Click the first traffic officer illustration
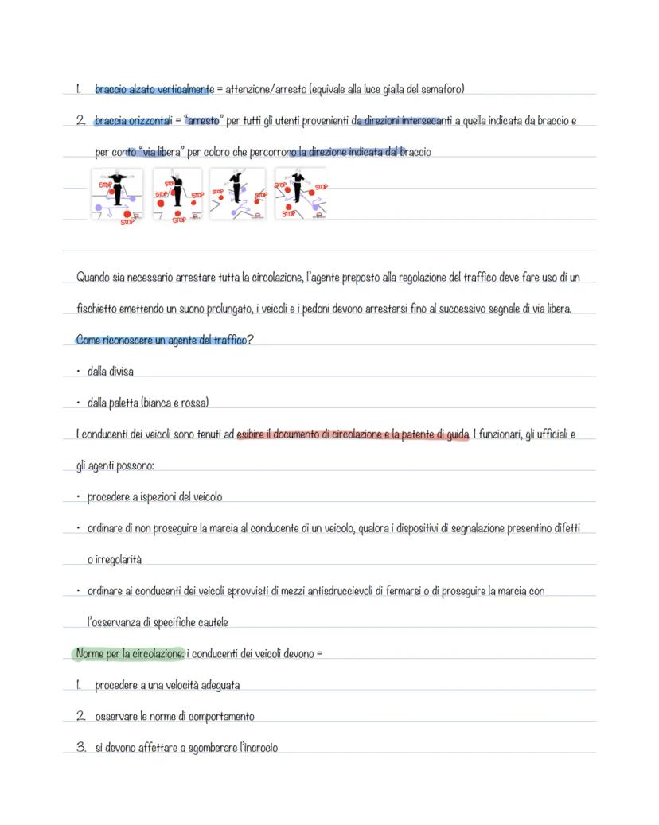click(117, 194)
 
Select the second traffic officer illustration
click(177, 194)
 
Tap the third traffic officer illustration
click(236, 194)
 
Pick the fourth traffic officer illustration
click(299, 194)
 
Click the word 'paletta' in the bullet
click(124, 403)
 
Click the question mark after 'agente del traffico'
click(248, 341)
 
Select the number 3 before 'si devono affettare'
click(80, 748)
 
